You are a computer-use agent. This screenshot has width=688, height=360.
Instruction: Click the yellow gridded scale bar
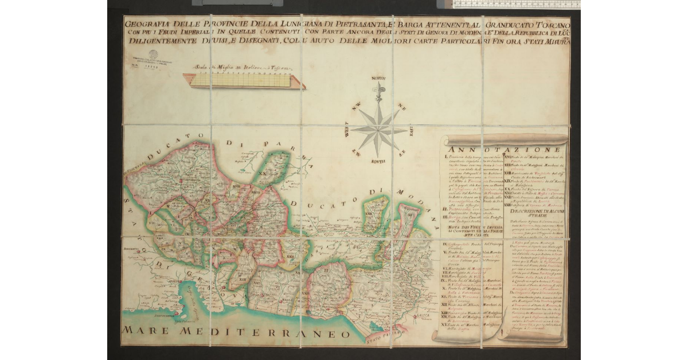click(241, 81)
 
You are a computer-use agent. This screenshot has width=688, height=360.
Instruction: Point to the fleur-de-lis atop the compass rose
click(378, 91)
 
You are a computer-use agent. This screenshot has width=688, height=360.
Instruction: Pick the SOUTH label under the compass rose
click(378, 162)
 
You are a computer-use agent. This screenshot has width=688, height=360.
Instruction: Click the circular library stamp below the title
click(153, 56)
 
